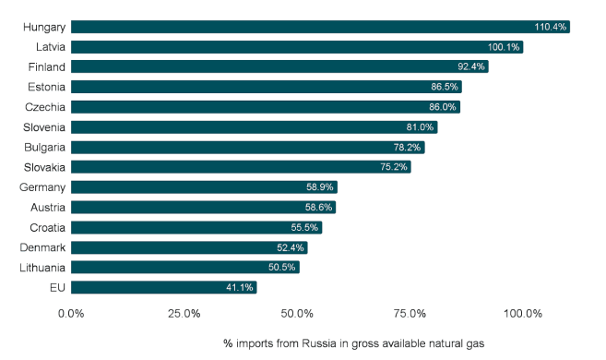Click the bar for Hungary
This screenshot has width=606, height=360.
(x=320, y=27)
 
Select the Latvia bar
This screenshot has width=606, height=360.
(x=297, y=47)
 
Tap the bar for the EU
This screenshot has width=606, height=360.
(x=164, y=287)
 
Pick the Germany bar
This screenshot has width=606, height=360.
(x=204, y=187)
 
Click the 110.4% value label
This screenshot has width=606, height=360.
(x=551, y=27)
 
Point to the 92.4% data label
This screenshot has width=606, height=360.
(x=471, y=66)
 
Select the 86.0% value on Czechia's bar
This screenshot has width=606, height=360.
(x=443, y=107)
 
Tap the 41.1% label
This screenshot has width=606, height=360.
(x=240, y=287)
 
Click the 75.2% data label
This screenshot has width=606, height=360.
(x=394, y=167)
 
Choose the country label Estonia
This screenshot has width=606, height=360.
(x=46, y=87)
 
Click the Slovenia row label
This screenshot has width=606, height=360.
(x=44, y=127)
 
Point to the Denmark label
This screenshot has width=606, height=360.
(x=42, y=247)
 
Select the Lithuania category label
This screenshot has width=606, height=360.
(x=42, y=268)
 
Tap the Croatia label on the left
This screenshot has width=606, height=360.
(x=48, y=227)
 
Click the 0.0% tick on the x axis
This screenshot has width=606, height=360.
(x=71, y=314)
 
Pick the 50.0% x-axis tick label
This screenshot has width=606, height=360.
(x=297, y=314)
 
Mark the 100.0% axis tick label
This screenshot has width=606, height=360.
(x=522, y=314)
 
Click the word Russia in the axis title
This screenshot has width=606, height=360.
(x=319, y=343)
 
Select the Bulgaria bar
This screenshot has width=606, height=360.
(x=248, y=148)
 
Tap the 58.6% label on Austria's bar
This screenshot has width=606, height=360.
(x=318, y=208)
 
